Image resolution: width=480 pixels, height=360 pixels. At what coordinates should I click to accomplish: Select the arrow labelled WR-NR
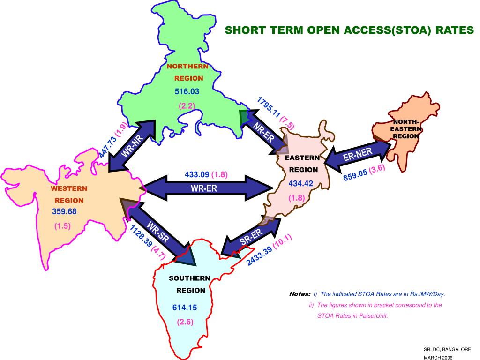(132, 146)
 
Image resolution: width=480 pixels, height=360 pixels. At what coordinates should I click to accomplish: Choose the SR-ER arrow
(251, 236)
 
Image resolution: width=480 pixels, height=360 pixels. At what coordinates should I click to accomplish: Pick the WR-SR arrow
(158, 232)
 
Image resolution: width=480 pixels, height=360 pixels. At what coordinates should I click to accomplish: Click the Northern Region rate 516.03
(187, 91)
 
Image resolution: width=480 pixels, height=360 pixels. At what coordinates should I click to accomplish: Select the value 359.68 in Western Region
(64, 211)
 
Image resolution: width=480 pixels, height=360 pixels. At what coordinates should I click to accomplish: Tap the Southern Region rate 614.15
(185, 307)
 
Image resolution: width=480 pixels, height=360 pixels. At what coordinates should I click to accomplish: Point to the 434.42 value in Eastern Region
(300, 183)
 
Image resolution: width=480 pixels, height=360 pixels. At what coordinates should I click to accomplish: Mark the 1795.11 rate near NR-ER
(269, 107)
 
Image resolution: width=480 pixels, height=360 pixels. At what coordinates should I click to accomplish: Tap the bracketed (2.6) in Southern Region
(185, 322)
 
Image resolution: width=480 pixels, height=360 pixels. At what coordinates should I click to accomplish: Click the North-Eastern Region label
(406, 129)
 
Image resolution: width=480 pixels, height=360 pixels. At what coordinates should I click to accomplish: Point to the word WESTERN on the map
(69, 188)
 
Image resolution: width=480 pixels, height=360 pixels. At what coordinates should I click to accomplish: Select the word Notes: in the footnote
(300, 294)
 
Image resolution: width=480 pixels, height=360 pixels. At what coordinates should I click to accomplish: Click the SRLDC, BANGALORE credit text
(447, 349)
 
